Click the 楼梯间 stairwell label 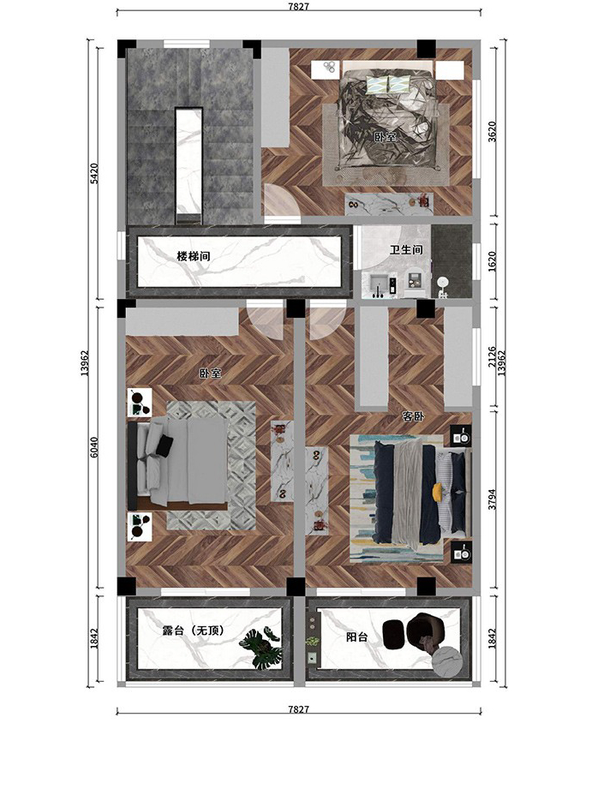pyautogui.click(x=193, y=256)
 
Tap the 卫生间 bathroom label pyautogui.click(x=406, y=249)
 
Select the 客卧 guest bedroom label pyautogui.click(x=413, y=416)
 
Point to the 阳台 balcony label pyautogui.click(x=357, y=637)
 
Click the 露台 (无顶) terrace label pyautogui.click(x=194, y=631)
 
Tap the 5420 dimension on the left pyautogui.click(x=94, y=173)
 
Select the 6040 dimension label pyautogui.click(x=94, y=447)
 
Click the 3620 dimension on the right pyautogui.click(x=492, y=132)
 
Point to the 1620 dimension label pyautogui.click(x=492, y=261)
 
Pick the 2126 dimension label pyautogui.click(x=492, y=356)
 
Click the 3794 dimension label pyautogui.click(x=492, y=499)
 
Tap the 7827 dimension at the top pyautogui.click(x=298, y=7)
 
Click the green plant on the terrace pyautogui.click(x=261, y=649)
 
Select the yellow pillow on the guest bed pyautogui.click(x=437, y=490)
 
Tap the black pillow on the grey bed pyautogui.click(x=164, y=445)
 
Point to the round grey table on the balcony pyautogui.click(x=448, y=661)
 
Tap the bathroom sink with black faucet pyautogui.click(x=380, y=286)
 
